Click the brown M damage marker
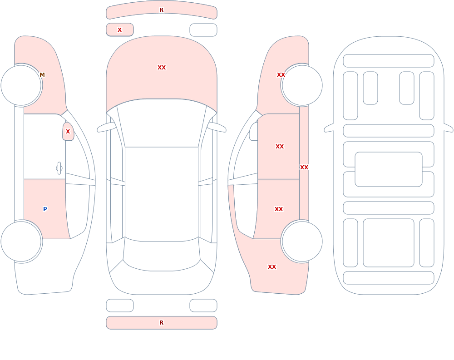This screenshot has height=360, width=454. (42, 75)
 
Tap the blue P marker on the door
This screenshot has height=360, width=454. (45, 209)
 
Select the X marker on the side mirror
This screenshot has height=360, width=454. (68, 132)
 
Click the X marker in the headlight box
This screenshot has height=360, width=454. (119, 30)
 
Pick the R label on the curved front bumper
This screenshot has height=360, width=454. (161, 10)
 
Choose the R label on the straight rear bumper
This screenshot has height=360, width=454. (161, 323)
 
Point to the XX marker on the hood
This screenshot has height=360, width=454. (162, 68)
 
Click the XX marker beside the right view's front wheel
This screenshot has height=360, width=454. (281, 75)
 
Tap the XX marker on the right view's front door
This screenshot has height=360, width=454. (279, 147)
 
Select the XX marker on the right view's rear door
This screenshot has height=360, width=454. (279, 209)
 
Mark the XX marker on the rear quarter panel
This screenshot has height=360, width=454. (272, 267)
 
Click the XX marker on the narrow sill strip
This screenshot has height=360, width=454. (304, 168)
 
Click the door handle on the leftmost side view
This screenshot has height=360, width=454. (59, 168)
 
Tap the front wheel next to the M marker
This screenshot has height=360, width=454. (21, 85)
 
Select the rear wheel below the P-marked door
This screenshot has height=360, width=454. (21, 241)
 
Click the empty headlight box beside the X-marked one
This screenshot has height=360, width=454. (203, 30)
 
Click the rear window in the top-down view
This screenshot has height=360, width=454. (162, 254)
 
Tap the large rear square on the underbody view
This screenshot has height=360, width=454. (389, 243)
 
